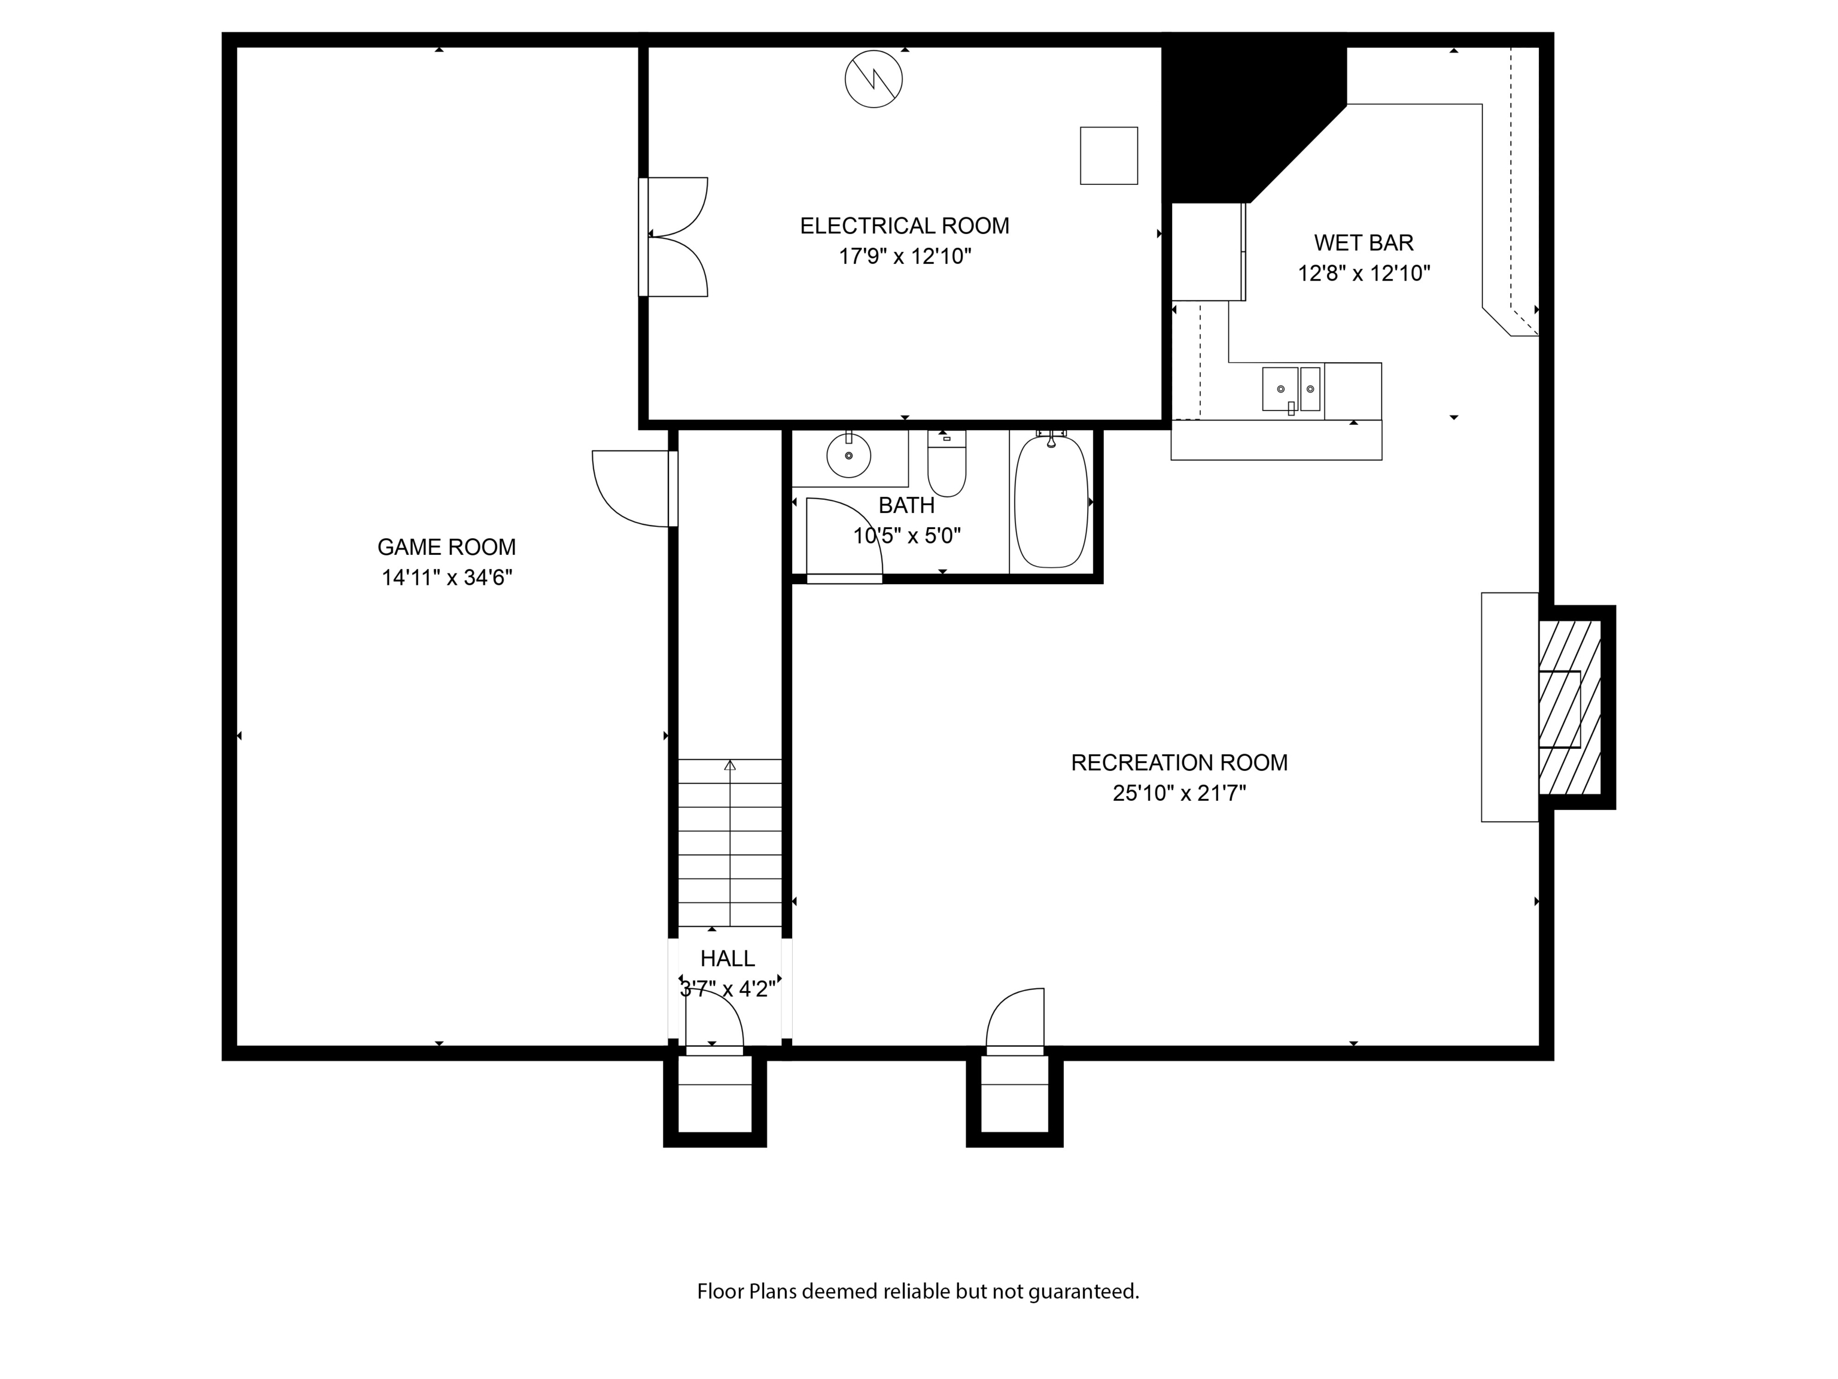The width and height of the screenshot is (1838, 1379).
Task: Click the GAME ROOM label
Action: [x=446, y=547]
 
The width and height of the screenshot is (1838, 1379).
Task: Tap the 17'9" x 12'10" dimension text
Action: [x=905, y=256]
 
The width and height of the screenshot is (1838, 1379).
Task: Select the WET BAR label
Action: [x=1364, y=243]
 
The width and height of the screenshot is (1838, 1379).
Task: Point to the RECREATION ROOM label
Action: [x=1179, y=763]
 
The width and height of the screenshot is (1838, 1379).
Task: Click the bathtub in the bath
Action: [x=1051, y=502]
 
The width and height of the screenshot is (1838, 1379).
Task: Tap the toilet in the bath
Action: [x=947, y=469]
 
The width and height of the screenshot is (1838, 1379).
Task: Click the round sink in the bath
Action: [x=848, y=455]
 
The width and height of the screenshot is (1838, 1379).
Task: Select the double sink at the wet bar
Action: [x=1291, y=389]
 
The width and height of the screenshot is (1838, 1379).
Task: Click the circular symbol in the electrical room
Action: [x=874, y=79]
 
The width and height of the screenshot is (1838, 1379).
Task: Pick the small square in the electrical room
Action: [x=1109, y=156]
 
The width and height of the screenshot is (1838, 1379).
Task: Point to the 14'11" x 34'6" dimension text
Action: [x=446, y=578]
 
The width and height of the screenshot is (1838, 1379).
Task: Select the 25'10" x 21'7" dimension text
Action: [x=1179, y=793]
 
